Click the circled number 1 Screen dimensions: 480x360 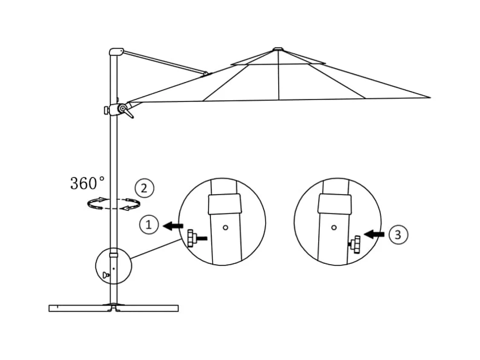[x=149, y=225]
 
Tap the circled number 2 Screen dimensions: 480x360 [x=144, y=188]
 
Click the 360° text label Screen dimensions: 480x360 [x=87, y=183]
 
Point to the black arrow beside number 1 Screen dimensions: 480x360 [x=173, y=226]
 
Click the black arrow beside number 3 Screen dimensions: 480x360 [x=375, y=233]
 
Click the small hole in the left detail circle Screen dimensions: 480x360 [x=226, y=228]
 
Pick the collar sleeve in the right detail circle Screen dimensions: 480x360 [x=335, y=204]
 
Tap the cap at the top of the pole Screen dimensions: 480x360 [x=115, y=52]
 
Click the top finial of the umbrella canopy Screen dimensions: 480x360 [x=278, y=49]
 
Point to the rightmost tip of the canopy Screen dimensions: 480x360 [x=429, y=98]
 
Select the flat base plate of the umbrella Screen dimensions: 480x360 [x=113, y=308]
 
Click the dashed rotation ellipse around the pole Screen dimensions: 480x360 [x=114, y=204]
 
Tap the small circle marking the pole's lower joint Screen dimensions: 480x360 [x=114, y=265]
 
